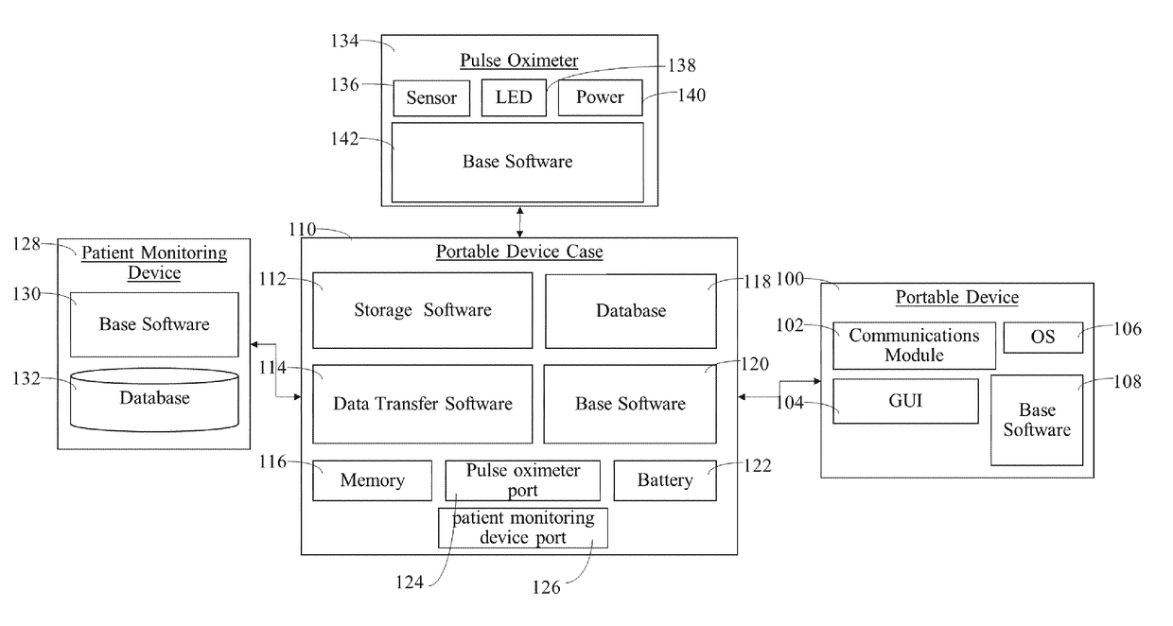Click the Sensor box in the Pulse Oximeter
[x=431, y=98]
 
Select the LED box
[x=514, y=97]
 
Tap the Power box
[x=600, y=97]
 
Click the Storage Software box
[x=422, y=310]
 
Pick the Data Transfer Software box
[x=422, y=404]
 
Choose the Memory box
[x=372, y=480]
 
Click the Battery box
[x=664, y=480]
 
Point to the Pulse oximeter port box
[x=522, y=480]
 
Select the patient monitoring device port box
[x=522, y=529]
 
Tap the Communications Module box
[x=914, y=345]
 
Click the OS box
[x=1042, y=338]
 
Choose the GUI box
[x=905, y=401]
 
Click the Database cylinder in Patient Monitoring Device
[x=154, y=398]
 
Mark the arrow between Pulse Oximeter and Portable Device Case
[x=519, y=221]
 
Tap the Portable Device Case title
[x=518, y=252]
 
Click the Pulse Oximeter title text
[x=518, y=61]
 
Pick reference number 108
[x=1127, y=382]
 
